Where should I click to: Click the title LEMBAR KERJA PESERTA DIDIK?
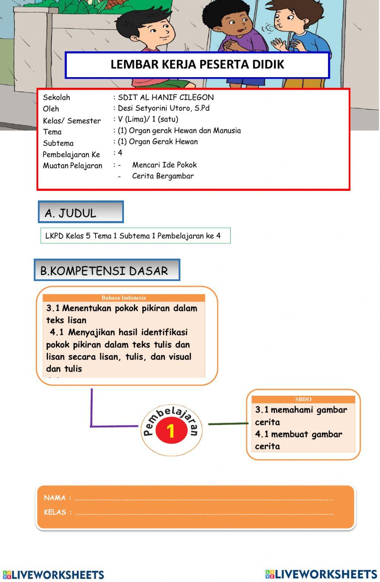pos(197,64)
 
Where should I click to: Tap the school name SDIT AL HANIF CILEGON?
pos(166,97)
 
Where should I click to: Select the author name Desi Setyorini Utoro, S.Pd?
pos(164,108)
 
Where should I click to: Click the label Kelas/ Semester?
pos(72,121)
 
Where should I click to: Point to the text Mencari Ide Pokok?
pos(164,165)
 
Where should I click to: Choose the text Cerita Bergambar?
pos(163,176)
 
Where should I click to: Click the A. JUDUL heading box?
pos(81,212)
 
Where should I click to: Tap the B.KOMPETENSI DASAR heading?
pos(106,270)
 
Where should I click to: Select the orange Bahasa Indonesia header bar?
pos(124,298)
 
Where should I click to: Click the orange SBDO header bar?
pos(303,399)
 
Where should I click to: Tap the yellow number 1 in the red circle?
pos(171,431)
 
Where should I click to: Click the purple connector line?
pos(92,414)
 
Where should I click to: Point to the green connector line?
pos(228,423)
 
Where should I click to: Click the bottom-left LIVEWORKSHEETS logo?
pos(53,575)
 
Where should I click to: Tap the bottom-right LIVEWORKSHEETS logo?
pos(321,574)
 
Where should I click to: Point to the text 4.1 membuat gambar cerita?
pos(299,440)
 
